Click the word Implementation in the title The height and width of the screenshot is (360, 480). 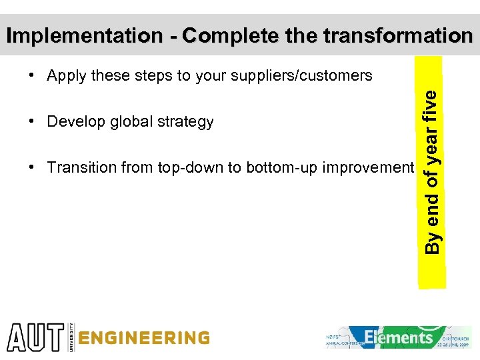tap(83, 36)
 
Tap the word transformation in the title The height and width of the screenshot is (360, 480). tap(398, 35)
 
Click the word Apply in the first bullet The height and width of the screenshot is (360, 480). tap(67, 76)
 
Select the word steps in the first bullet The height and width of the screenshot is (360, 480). tap(154, 76)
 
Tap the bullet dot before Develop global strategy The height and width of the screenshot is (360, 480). tap(32, 122)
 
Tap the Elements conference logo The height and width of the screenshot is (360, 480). tap(399, 337)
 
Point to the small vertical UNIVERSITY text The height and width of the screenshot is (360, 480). tap(70, 337)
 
